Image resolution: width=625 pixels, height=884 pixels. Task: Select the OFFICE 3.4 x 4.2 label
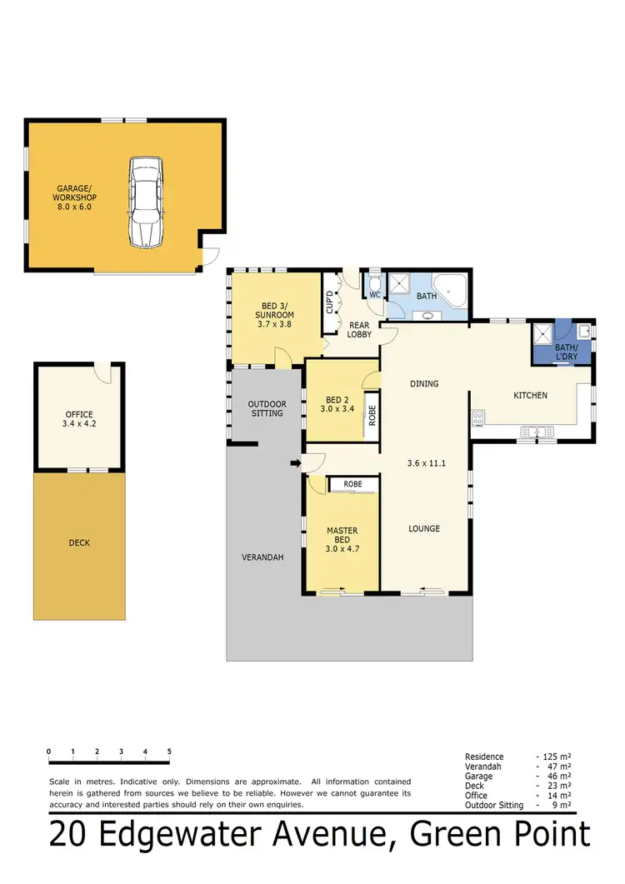(x=79, y=419)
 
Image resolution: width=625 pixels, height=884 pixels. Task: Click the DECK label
(x=79, y=543)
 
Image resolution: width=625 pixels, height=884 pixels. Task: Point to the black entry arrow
(x=295, y=463)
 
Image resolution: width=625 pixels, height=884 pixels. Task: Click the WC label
(x=375, y=295)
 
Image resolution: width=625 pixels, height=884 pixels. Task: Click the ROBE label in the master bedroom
(x=352, y=483)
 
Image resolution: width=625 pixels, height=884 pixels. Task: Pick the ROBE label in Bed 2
(x=372, y=415)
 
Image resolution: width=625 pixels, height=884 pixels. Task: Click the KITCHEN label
(x=530, y=395)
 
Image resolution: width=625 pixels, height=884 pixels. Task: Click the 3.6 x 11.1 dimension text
(x=424, y=463)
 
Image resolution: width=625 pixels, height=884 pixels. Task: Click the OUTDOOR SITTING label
(x=267, y=408)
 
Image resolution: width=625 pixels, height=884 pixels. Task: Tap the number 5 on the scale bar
(x=169, y=751)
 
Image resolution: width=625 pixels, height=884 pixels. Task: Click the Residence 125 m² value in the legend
(x=554, y=757)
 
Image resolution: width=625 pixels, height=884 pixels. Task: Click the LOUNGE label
(x=423, y=528)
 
